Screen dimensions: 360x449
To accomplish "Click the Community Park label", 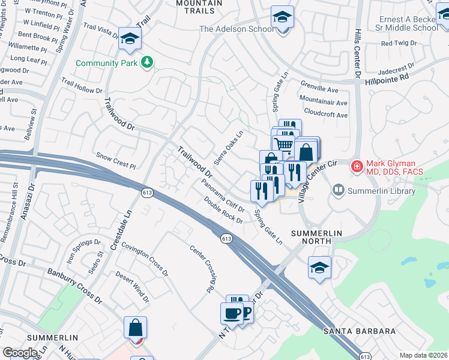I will pyautogui.click(x=106, y=62).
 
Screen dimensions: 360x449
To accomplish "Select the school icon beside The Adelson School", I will pyautogui.click(x=282, y=18).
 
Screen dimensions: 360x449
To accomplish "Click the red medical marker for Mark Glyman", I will pyautogui.click(x=357, y=166).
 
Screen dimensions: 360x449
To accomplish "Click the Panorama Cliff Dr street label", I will pyautogui.click(x=223, y=196).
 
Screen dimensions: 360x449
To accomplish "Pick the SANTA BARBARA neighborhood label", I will pyautogui.click(x=360, y=331).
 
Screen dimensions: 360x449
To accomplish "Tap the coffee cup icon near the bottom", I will pyautogui.click(x=232, y=313).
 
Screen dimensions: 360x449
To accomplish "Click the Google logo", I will pyautogui.click(x=20, y=352).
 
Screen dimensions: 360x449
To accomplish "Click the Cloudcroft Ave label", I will pyautogui.click(x=326, y=115).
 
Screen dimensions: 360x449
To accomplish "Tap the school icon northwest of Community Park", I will pyautogui.click(x=129, y=40).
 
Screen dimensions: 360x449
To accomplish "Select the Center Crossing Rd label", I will pyautogui.click(x=202, y=269).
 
